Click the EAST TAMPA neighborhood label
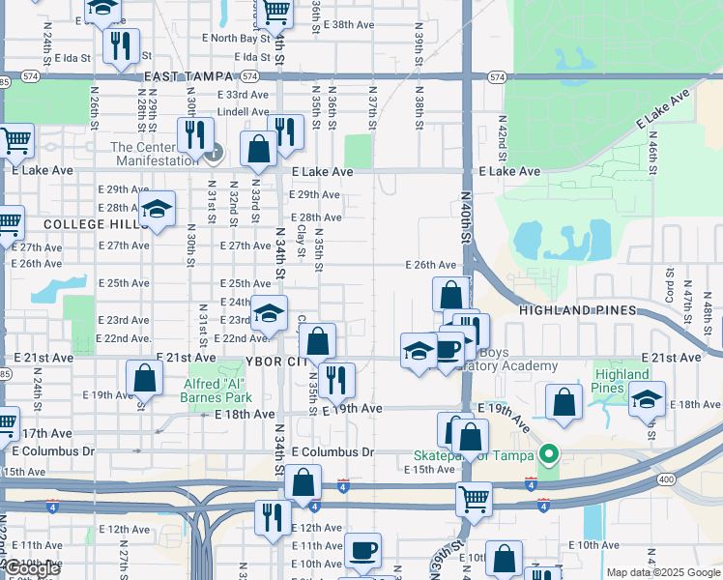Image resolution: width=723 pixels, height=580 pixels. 189,76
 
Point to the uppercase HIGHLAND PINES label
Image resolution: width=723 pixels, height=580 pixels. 578,310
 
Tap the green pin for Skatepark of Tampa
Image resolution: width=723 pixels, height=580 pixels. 550,451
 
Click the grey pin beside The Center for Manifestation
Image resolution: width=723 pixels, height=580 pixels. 216,152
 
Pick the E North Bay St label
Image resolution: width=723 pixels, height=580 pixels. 235,38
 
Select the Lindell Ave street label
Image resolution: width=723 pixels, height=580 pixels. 243,111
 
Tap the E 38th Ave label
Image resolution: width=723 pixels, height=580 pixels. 349,24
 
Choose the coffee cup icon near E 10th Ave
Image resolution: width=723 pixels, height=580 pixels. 363,550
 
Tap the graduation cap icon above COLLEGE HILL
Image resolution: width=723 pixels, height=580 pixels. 158,209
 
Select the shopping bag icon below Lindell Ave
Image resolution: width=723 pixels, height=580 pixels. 258,149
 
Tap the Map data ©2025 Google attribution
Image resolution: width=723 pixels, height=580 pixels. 663,572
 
